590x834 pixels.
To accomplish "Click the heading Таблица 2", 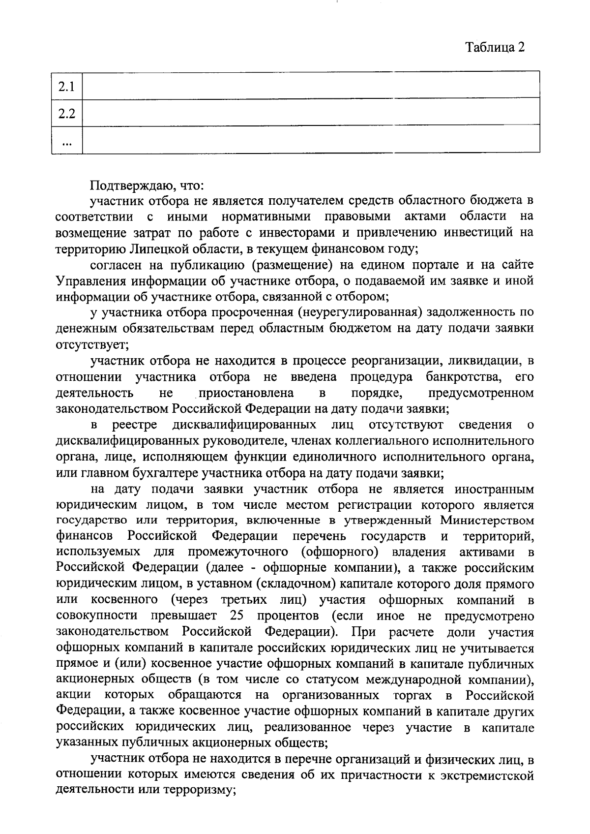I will (495, 47).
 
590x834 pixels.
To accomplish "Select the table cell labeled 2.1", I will (67, 87).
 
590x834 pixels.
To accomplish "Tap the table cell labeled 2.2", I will (67, 114).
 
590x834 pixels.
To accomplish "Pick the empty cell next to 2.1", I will (311, 85).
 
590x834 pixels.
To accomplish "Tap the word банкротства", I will (464, 377).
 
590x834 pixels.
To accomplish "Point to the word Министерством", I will (487, 520).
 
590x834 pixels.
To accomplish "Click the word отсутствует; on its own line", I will (92, 344).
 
